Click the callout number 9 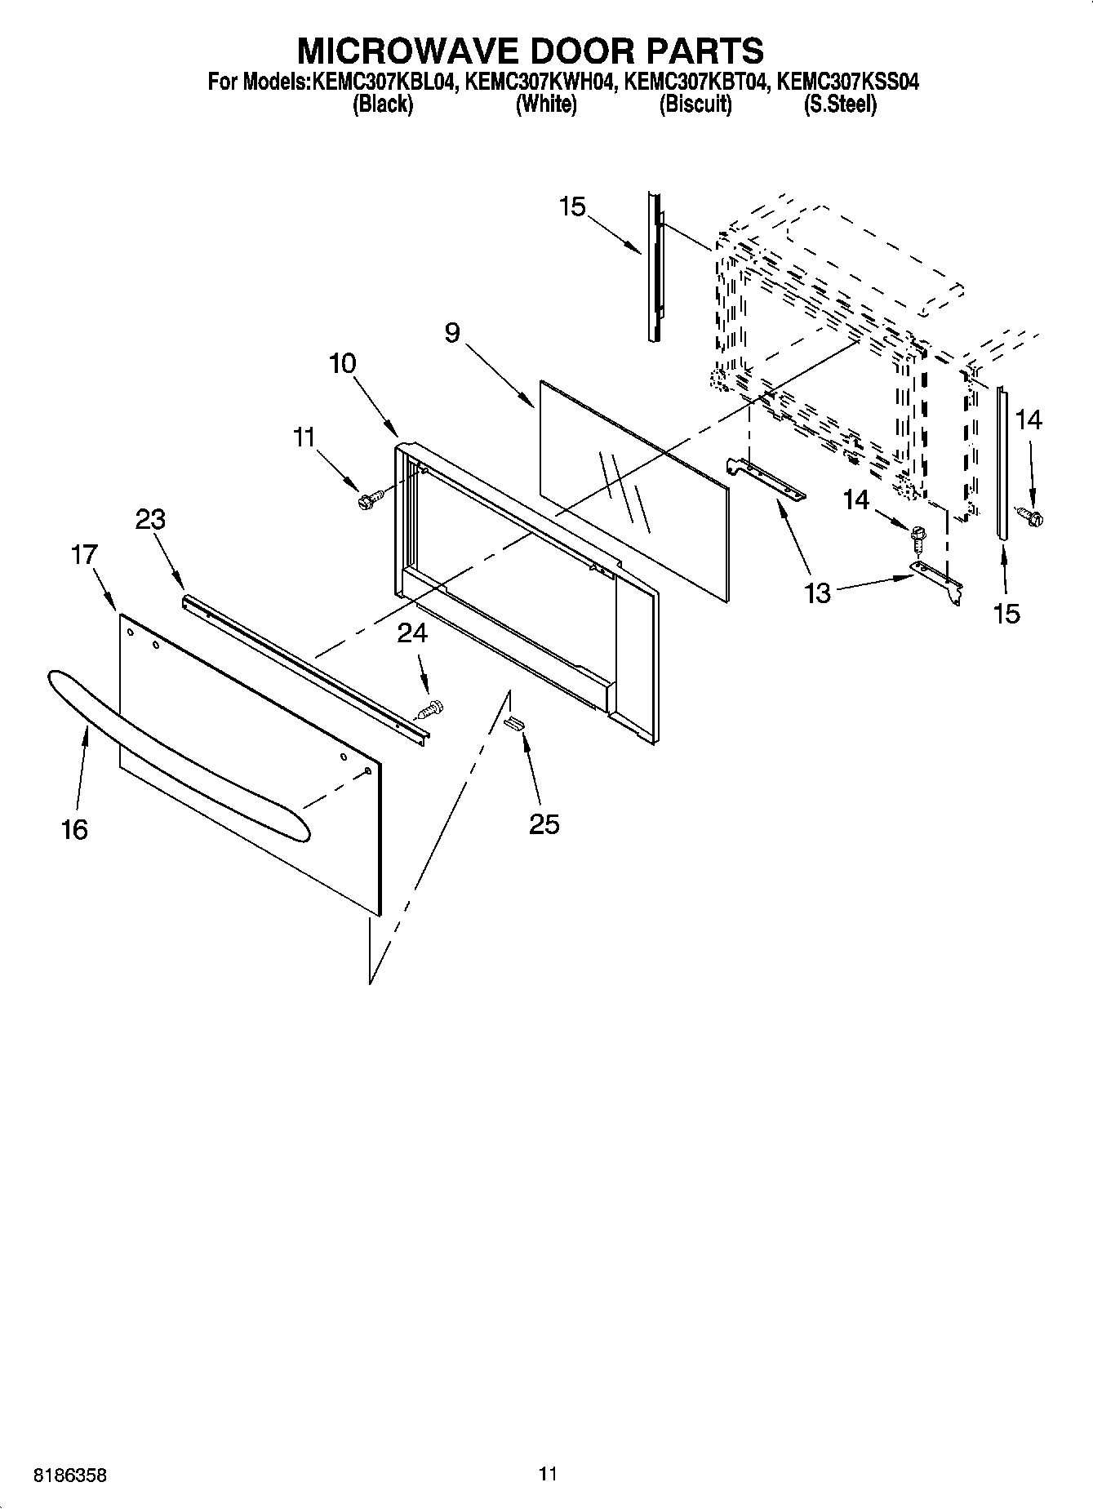(x=452, y=333)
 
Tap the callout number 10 (x=343, y=363)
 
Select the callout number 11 (x=304, y=437)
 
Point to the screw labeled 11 (x=366, y=499)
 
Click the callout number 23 (x=150, y=519)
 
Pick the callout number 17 (x=84, y=555)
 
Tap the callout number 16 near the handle (x=74, y=830)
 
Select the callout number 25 (x=544, y=824)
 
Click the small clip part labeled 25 (x=515, y=721)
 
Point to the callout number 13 (x=817, y=593)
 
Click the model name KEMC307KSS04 (x=848, y=82)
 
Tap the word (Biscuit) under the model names (x=695, y=104)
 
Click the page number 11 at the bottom (x=548, y=1474)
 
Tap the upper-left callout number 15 (x=572, y=207)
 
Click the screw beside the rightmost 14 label (x=1033, y=515)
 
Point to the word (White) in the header (x=546, y=104)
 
